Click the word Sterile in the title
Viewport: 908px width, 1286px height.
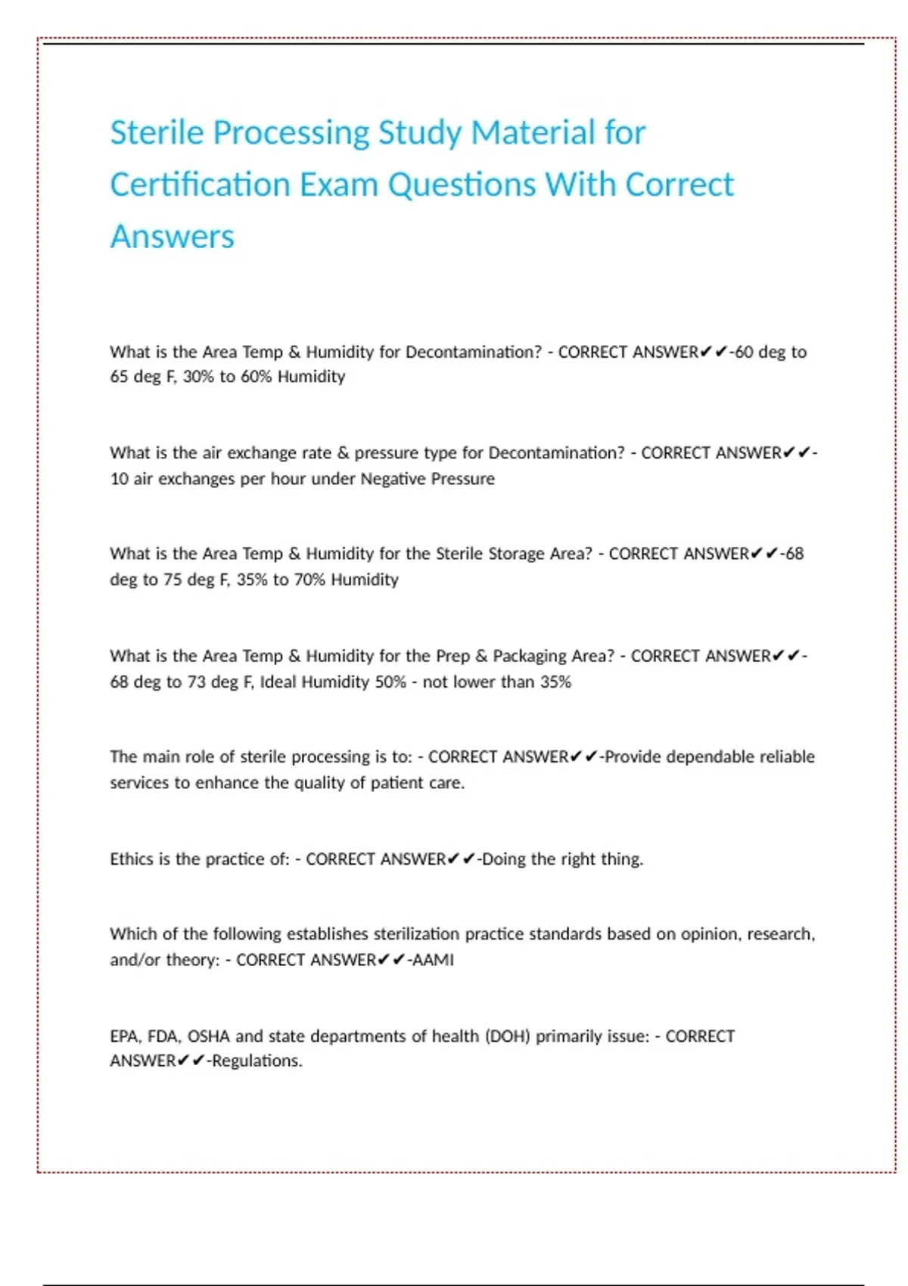[157, 132]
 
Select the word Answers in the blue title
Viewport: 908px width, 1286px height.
[172, 237]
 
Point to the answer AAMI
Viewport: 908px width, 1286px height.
[433, 960]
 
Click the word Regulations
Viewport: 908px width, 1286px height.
[257, 1061]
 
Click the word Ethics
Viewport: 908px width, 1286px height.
[131, 859]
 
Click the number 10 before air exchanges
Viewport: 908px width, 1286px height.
[119, 479]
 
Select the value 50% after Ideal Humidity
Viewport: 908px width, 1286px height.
[390, 682]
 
